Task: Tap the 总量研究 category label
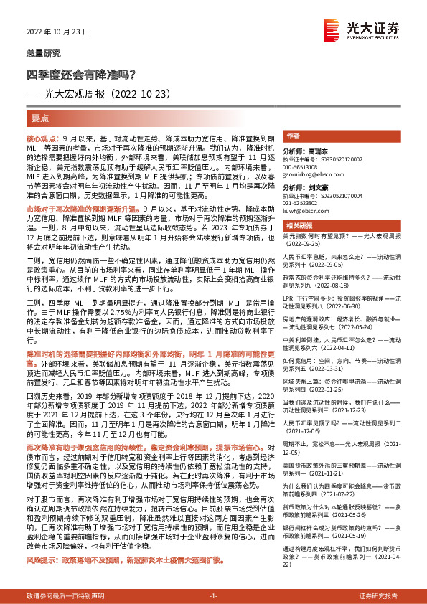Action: point(40,53)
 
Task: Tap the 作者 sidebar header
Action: point(293,136)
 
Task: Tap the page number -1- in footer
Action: point(212,596)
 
